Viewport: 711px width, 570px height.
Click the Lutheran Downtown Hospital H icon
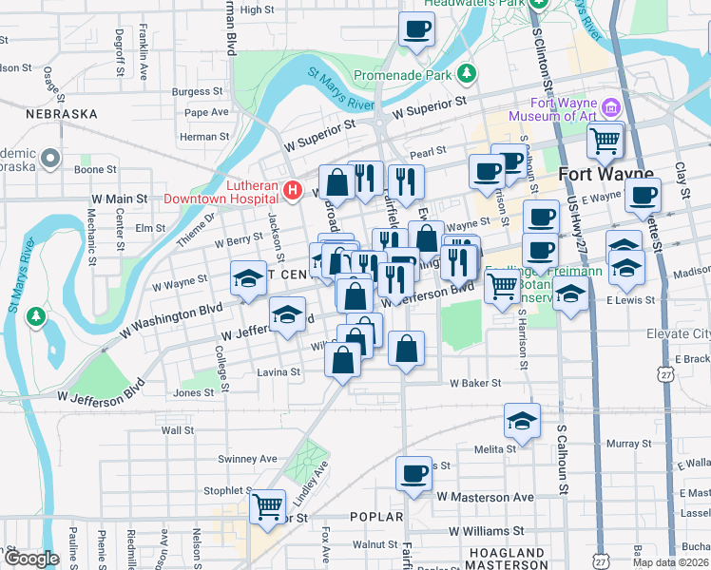tap(293, 191)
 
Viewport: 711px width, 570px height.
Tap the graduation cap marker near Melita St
tap(522, 419)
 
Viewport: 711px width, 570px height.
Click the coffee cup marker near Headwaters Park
tap(415, 28)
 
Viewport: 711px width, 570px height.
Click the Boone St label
tap(95, 170)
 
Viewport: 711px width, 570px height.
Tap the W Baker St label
tap(475, 383)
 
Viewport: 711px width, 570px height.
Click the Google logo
tap(30, 559)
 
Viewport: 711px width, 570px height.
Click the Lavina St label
tap(279, 372)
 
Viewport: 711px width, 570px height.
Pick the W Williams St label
tap(487, 531)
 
